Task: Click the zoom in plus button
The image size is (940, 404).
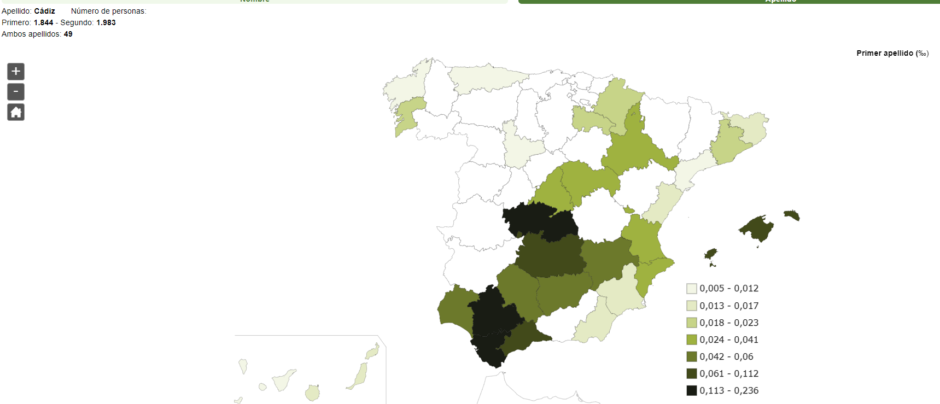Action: [x=16, y=72]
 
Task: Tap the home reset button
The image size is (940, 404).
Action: [x=16, y=113]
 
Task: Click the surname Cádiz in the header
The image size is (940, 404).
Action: [x=44, y=11]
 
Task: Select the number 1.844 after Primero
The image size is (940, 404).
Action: [x=44, y=22]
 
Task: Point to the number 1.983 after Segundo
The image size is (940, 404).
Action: [x=106, y=22]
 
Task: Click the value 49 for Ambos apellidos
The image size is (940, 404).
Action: [x=68, y=34]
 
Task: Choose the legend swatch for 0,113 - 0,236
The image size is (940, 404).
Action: [x=692, y=390]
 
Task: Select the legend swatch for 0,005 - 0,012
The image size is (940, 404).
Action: [x=692, y=289]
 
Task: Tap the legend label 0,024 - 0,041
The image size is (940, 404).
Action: [x=729, y=339]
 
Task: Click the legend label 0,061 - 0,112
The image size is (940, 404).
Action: [x=729, y=373]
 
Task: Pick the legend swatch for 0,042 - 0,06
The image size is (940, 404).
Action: [x=692, y=356]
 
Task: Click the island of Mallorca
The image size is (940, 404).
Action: [x=758, y=227]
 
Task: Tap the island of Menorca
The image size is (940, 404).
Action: [x=792, y=215]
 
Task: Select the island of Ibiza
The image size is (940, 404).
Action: [x=711, y=254]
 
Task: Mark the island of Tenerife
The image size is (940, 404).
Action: [x=283, y=379]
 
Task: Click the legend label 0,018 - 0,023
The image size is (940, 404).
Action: [x=729, y=323]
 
